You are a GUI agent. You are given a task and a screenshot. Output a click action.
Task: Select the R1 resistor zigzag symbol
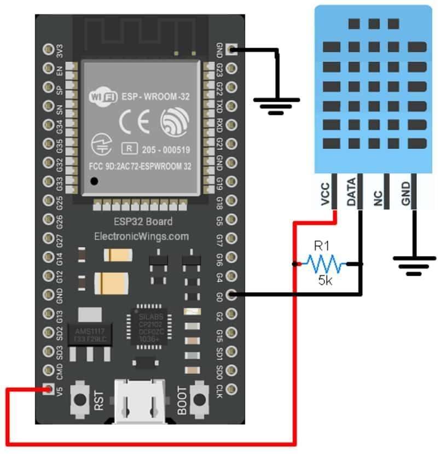coord(326,265)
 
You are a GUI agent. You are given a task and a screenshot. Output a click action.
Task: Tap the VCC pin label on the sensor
coord(326,193)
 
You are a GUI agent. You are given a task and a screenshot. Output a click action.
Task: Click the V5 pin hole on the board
coord(47,389)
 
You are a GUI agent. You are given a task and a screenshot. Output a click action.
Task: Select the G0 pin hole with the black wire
coord(231,295)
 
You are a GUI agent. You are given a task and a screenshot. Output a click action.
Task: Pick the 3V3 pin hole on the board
coord(47,50)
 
